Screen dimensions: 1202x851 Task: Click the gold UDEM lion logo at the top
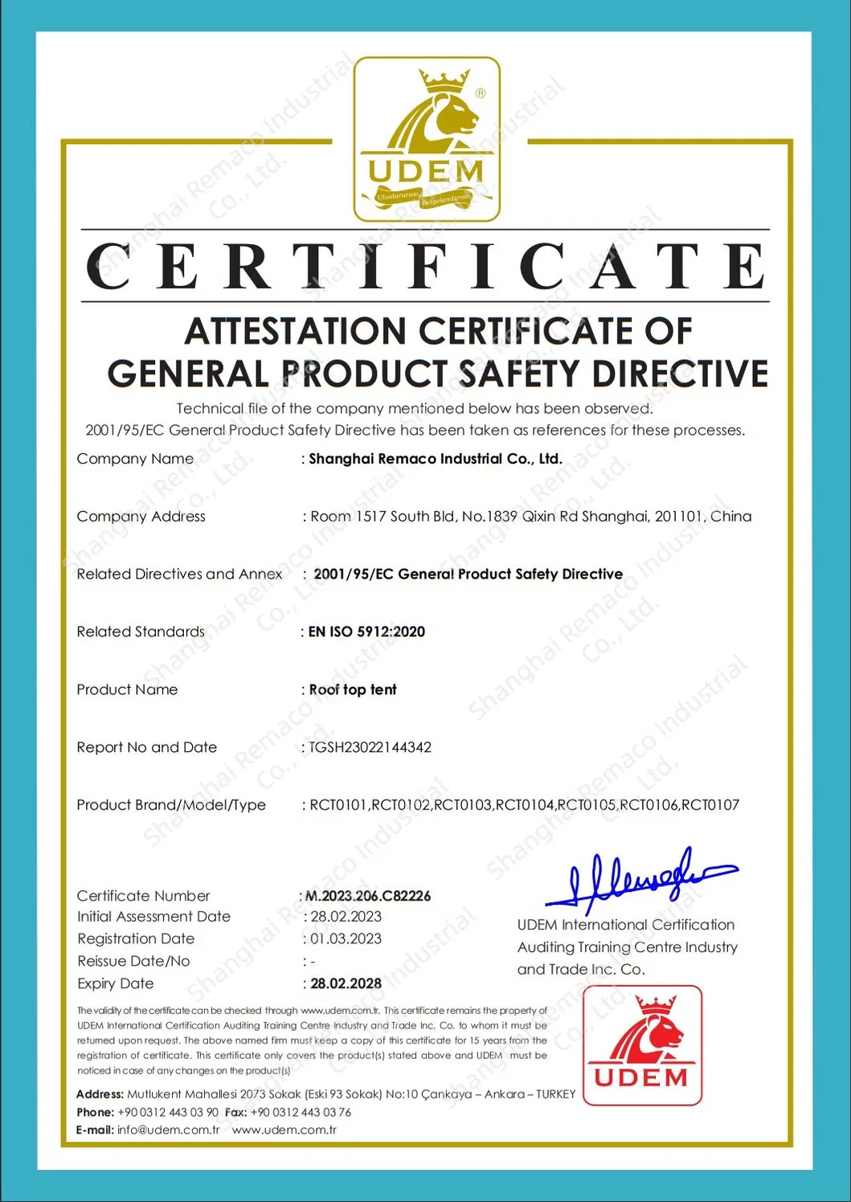point(427,139)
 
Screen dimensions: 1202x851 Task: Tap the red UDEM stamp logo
point(642,1045)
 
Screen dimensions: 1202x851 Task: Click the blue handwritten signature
point(639,877)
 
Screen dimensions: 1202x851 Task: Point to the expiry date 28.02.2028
point(346,983)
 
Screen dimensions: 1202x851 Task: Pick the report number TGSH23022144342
point(370,747)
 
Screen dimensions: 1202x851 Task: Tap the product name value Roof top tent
point(353,689)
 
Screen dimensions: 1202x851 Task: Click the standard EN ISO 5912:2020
point(367,632)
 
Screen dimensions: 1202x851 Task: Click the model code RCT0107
point(710,805)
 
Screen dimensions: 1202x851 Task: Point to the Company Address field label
point(141,517)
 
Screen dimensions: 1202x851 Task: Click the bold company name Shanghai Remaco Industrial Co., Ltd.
point(436,459)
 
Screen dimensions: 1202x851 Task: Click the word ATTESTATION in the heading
point(296,331)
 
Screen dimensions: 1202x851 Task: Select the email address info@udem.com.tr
point(168,1130)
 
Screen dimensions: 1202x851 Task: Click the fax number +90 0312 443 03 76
point(301,1112)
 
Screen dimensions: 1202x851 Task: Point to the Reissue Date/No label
point(133,961)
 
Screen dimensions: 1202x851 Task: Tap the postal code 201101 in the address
point(678,517)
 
